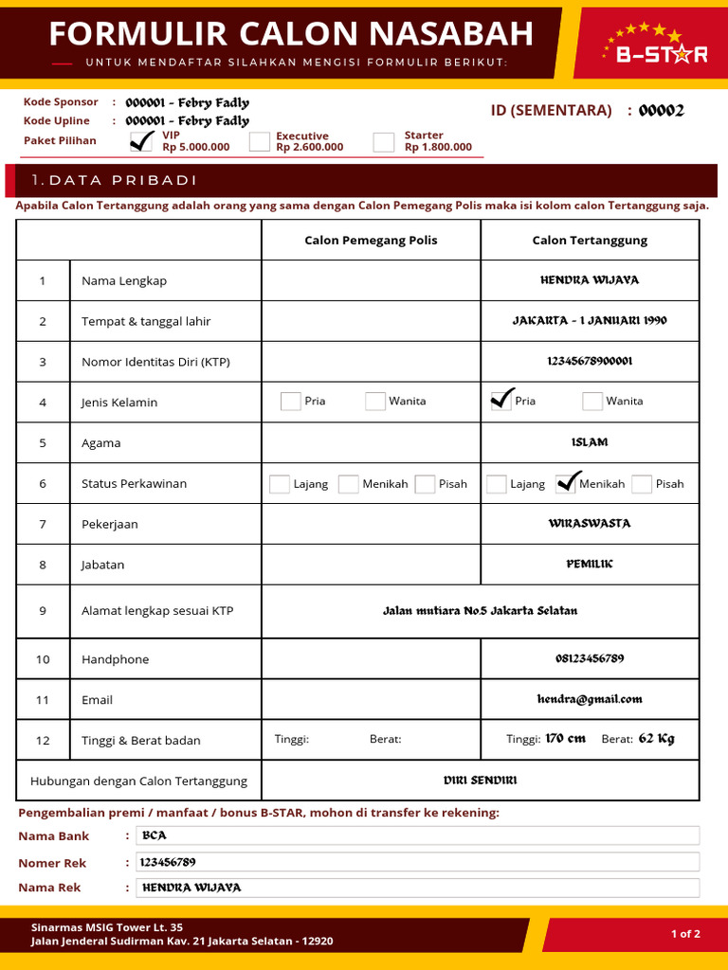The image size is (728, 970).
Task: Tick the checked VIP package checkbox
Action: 141,142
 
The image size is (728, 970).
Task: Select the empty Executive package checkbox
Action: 260,142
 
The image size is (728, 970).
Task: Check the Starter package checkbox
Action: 384,142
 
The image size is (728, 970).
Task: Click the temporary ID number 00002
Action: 661,111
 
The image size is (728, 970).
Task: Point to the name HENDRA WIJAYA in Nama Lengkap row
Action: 590,280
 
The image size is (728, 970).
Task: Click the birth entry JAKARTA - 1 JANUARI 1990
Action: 590,321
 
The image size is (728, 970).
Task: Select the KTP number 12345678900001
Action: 590,361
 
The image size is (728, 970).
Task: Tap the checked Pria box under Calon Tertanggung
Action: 500,401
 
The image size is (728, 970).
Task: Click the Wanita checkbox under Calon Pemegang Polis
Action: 375,401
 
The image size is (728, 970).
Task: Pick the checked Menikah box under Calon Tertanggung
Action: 566,484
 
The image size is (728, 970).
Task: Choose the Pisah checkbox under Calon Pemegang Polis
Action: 425,484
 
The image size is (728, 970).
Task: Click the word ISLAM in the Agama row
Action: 590,442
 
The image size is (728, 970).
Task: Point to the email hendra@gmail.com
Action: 590,699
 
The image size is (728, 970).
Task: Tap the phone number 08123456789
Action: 590,658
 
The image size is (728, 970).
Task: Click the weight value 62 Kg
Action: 656,739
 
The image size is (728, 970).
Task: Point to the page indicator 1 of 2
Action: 685,934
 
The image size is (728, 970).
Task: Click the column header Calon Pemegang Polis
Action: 371,240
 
